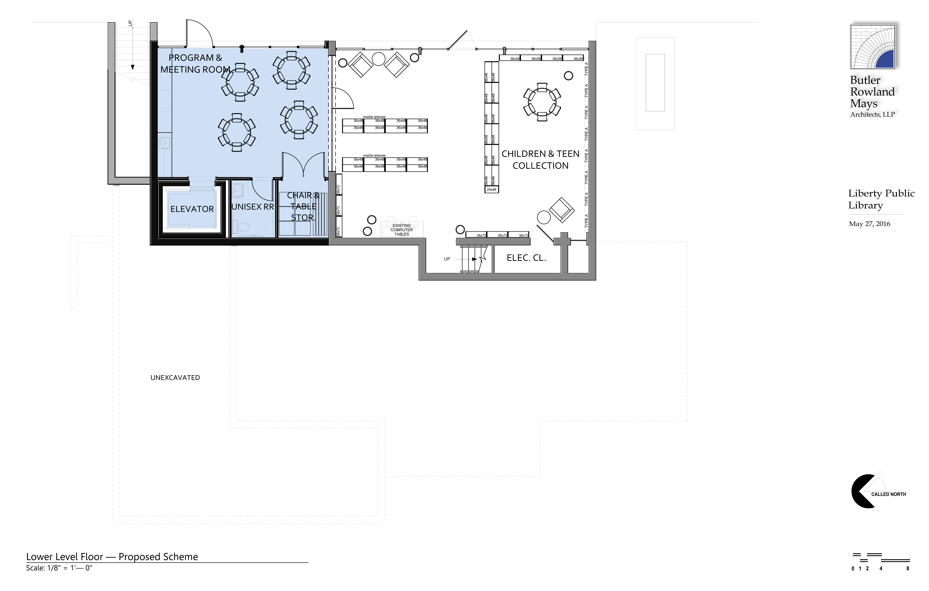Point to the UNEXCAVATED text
175,378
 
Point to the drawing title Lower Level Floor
112,557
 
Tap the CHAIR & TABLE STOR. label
303,206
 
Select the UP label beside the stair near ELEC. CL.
447,259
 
